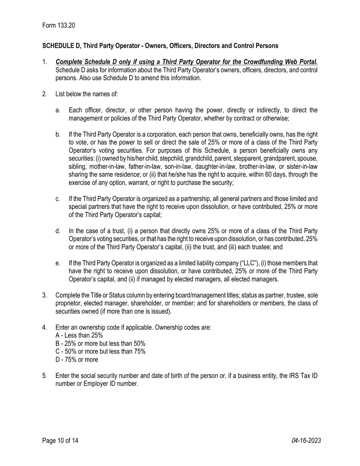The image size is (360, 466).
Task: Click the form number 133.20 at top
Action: pyautogui.click(x=66, y=25)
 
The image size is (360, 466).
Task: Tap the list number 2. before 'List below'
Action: pyautogui.click(x=45, y=94)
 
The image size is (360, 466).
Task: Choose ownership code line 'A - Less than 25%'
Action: pyautogui.click(x=79, y=335)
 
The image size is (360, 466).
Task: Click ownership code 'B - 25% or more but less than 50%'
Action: pyautogui.click(x=100, y=344)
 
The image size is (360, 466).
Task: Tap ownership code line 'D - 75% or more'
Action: pyautogui.click(x=77, y=360)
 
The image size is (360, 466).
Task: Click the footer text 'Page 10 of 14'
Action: pyautogui.click(x=60, y=441)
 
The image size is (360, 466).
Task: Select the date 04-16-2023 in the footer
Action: pyautogui.click(x=306, y=441)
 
